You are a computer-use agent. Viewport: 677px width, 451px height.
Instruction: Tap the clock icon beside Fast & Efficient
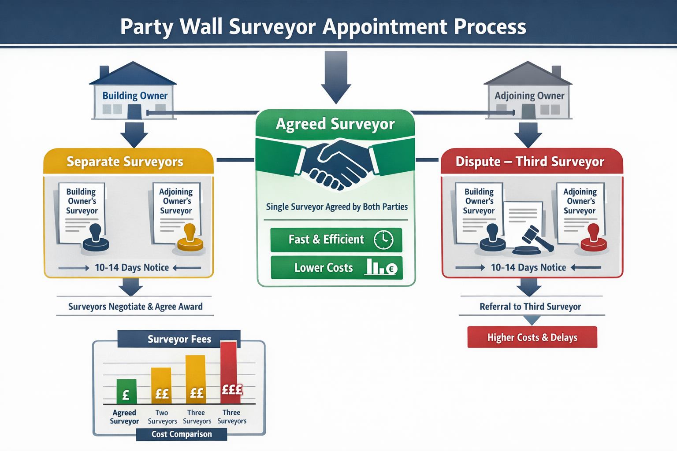coord(383,240)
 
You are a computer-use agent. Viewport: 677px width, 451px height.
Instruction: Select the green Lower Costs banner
coord(336,268)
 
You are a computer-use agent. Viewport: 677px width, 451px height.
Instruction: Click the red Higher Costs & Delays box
coord(532,337)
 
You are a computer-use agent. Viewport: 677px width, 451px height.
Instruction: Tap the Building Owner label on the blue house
coord(135,96)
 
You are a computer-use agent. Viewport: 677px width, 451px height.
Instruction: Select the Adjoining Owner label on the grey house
coord(529,96)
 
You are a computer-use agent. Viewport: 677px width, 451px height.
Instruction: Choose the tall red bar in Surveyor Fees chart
coord(229,372)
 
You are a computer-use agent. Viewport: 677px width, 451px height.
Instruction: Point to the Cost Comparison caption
coord(182,434)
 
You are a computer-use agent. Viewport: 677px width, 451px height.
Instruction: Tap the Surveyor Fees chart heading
coord(179,339)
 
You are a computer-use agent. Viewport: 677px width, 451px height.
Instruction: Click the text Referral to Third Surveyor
coord(530,307)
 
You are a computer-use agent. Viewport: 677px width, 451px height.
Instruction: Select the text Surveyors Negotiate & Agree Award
coord(135,307)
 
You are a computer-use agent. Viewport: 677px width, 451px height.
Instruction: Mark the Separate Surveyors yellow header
coord(128,162)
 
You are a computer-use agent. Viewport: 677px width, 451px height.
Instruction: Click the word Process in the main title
coord(490,27)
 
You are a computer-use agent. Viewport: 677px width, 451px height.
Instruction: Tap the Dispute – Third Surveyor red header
coord(532,162)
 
